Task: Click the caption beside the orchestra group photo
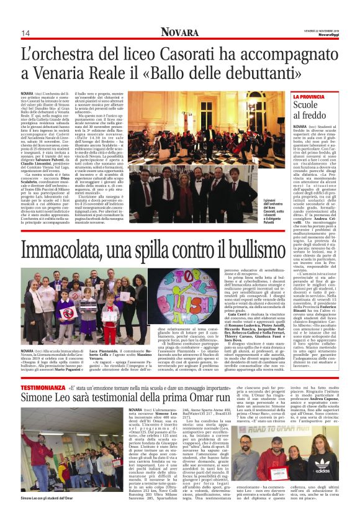click(272, 210)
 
